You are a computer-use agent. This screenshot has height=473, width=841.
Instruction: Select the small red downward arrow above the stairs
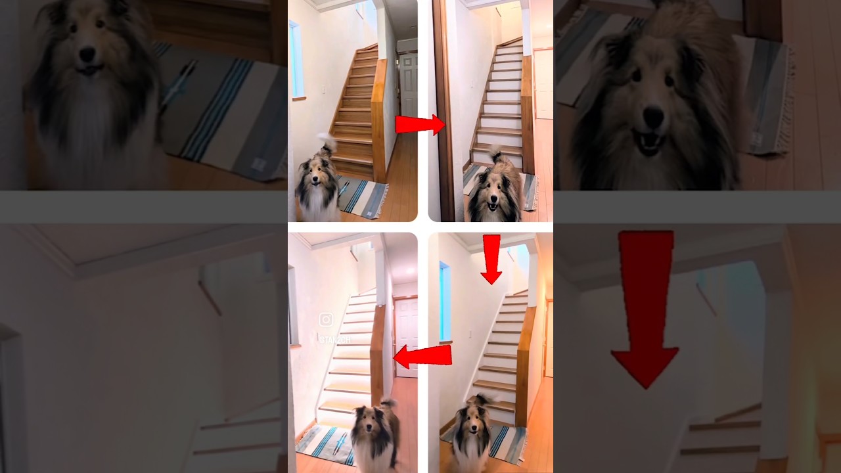coord(491,258)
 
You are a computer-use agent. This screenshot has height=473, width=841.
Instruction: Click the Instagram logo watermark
coord(326,320)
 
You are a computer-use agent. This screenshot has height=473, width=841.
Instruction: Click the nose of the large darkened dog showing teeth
coord(652,118)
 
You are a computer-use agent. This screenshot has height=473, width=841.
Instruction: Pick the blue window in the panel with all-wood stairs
coord(296,59)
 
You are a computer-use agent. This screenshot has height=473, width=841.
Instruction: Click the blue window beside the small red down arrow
coord(445,302)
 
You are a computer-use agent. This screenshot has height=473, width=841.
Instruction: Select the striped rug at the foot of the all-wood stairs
coord(363,196)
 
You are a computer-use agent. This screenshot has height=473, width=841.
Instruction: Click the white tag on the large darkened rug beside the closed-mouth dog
coord(259,164)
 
